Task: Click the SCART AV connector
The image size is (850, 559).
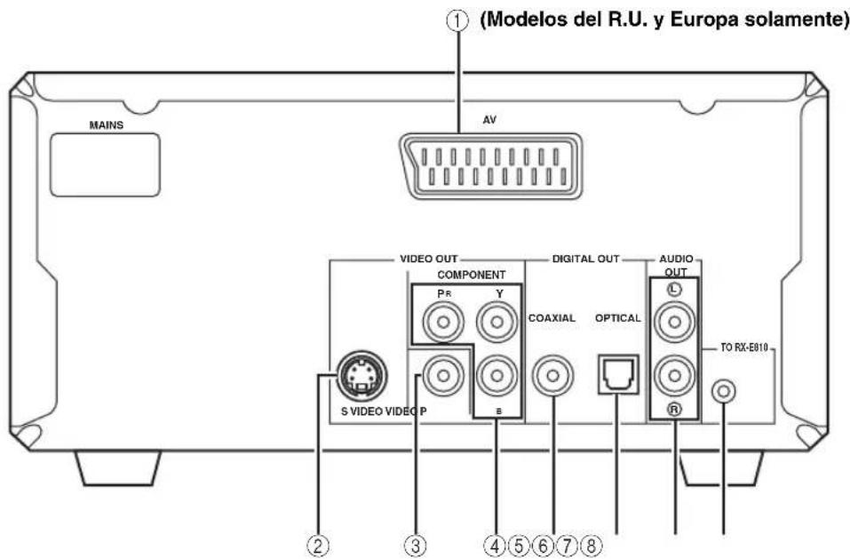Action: (x=490, y=166)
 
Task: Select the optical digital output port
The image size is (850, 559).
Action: (x=618, y=375)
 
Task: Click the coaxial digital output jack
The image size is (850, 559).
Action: (x=552, y=375)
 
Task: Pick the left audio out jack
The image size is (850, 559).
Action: (x=674, y=322)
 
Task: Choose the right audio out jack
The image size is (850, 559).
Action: (x=674, y=375)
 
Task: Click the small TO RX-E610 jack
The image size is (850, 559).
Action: (x=724, y=391)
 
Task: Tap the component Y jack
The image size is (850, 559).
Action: (x=496, y=322)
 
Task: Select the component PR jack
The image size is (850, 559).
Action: (x=443, y=322)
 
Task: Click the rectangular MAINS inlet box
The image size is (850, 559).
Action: (x=105, y=164)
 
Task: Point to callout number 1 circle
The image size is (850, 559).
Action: (x=457, y=21)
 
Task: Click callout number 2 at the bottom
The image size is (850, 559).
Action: (x=318, y=546)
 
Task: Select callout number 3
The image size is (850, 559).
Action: (x=416, y=546)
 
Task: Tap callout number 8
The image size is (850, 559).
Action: (x=591, y=546)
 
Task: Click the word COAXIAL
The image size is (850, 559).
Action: (x=552, y=318)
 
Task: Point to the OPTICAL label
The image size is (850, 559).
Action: (x=618, y=318)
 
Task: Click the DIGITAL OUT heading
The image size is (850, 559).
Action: (x=585, y=260)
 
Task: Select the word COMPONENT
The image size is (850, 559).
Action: (x=472, y=275)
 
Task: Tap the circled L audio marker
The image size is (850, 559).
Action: (x=674, y=290)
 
